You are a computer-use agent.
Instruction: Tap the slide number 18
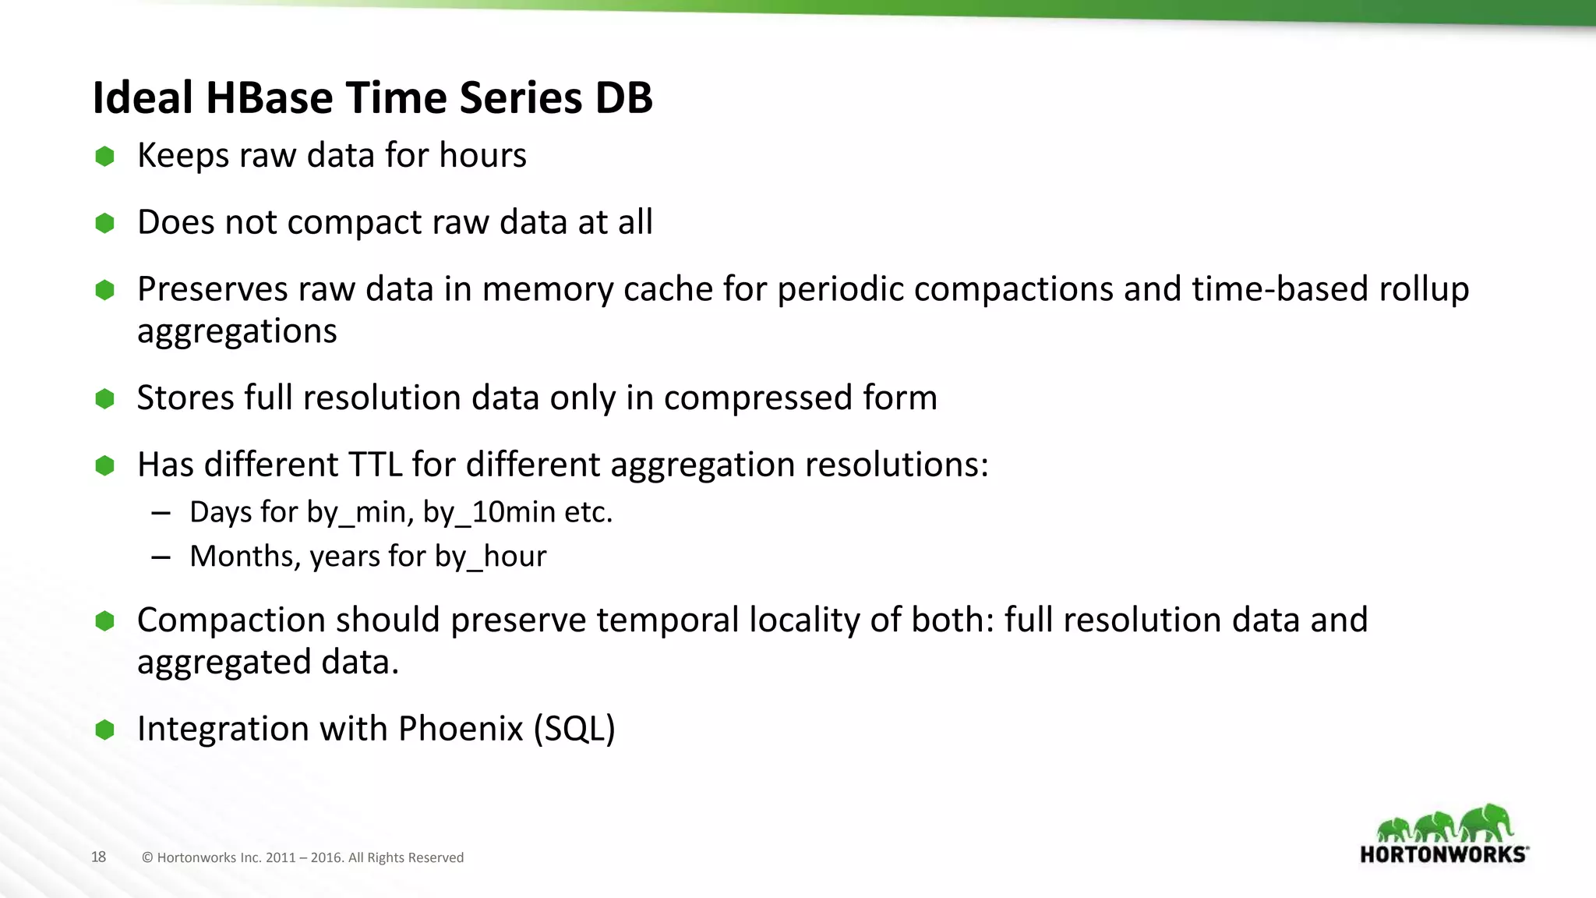coord(98,857)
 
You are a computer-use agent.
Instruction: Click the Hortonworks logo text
coord(1443,854)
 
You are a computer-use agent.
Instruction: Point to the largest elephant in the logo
coord(1486,823)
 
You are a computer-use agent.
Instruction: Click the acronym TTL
coord(375,465)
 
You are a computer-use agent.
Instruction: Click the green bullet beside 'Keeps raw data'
coord(104,157)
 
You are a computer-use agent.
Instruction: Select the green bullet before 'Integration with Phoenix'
coord(104,730)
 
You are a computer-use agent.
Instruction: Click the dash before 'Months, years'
coord(161,557)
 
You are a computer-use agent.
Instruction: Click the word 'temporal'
coord(667,620)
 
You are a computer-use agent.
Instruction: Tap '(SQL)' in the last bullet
coord(574,729)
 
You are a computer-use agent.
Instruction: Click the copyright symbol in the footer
coord(147,857)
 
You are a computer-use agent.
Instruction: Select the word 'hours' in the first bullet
coord(482,155)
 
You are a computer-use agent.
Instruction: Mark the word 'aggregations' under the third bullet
coord(237,331)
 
